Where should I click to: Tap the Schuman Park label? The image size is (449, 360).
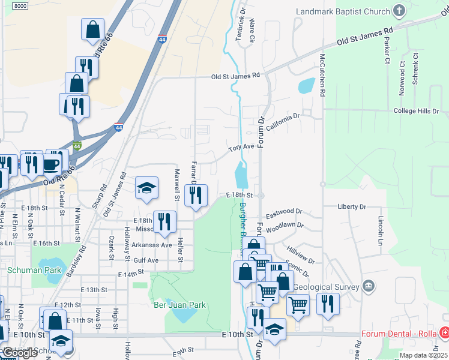[x=27, y=270]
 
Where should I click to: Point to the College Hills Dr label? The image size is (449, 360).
[x=416, y=111]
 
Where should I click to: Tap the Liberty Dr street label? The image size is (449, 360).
[x=352, y=206]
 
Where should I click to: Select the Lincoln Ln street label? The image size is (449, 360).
[x=380, y=226]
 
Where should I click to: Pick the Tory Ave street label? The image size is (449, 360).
[x=241, y=147]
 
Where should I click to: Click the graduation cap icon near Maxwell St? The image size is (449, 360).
[x=146, y=189]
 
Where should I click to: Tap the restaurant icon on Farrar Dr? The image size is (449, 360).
[x=196, y=196]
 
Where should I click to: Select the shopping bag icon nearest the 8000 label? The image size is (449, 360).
[x=92, y=29]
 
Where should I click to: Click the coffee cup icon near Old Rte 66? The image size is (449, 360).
[x=52, y=164]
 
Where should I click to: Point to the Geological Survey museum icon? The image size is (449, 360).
[x=369, y=286]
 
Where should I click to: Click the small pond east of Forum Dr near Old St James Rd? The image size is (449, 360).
[x=306, y=85]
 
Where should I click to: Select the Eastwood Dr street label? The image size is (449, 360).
[x=284, y=212]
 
